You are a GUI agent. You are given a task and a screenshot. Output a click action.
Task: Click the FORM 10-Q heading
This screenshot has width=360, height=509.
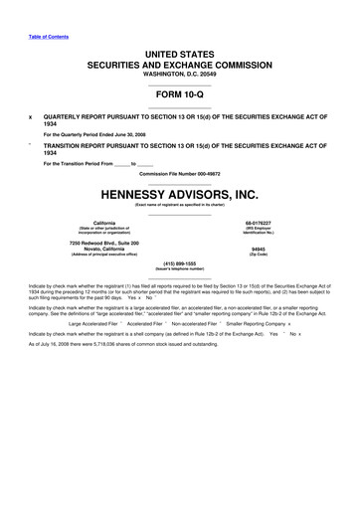pyautogui.click(x=179, y=96)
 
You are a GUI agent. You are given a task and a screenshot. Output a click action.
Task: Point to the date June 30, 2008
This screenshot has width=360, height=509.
pyautogui.click(x=124, y=133)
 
